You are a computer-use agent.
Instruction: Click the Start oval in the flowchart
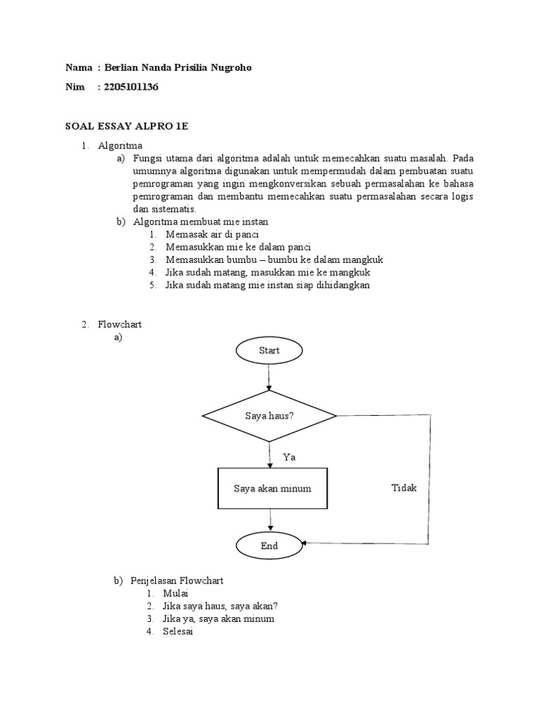(269, 351)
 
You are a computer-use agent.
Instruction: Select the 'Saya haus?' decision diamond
(269, 416)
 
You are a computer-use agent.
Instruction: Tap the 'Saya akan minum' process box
(272, 488)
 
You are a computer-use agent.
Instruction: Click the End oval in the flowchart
(269, 546)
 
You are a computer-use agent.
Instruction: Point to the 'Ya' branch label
(289, 456)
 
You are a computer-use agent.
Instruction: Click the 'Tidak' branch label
(404, 487)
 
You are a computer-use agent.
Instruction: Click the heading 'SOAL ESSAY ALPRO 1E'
(127, 126)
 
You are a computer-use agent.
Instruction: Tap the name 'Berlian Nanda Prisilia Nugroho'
(176, 67)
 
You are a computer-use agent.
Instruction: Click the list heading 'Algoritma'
(120, 145)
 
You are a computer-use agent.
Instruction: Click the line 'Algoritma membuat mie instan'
(201, 222)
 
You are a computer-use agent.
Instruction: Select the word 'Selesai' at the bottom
(180, 632)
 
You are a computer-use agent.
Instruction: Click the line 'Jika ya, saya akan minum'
(220, 619)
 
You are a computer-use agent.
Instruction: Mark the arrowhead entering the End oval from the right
(305, 543)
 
